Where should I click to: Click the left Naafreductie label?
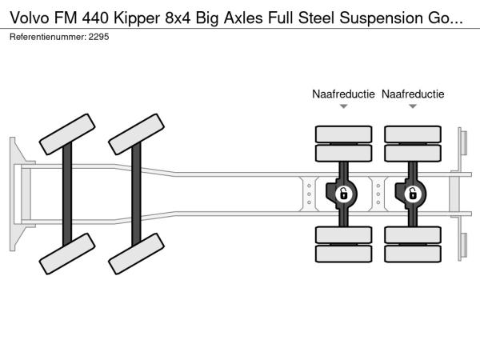(343, 94)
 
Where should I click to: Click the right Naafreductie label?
(413, 94)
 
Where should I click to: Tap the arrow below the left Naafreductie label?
(343, 106)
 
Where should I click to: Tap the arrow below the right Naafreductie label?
(413, 106)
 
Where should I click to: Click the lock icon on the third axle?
(343, 194)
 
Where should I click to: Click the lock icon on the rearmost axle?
(413, 194)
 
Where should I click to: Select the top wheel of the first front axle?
(68, 134)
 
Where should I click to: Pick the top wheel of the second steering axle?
(137, 134)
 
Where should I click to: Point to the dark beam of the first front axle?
(68, 194)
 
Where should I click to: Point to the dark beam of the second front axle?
(137, 194)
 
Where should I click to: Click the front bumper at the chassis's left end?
(14, 193)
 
